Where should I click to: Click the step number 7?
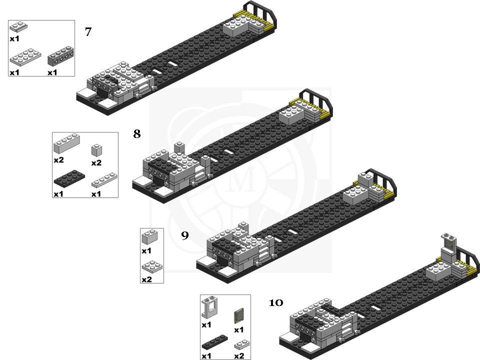[88, 32]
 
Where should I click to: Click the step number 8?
[136, 134]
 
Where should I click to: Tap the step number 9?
[185, 235]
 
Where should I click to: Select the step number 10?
[276, 302]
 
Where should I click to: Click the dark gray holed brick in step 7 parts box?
[60, 58]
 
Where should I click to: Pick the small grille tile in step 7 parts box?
[18, 27]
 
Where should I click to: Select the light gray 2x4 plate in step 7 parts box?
[25, 58]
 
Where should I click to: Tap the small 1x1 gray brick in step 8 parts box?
[96, 149]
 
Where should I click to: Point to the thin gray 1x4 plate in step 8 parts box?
[104, 180]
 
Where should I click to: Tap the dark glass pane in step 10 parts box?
[239, 316]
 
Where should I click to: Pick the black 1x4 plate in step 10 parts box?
[214, 342]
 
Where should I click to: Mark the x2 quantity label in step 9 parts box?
[146, 279]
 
